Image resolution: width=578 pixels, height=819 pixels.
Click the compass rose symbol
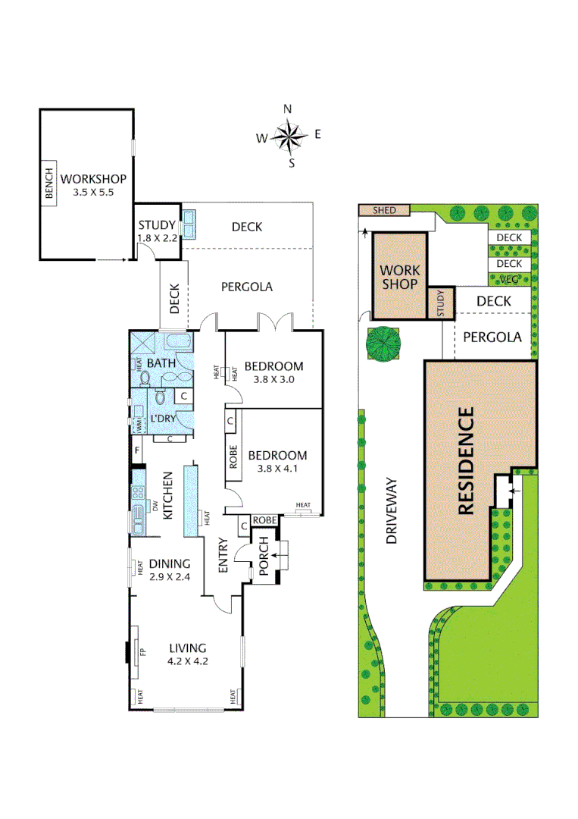[288, 136]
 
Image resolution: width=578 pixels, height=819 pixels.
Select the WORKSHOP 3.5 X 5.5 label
[93, 185]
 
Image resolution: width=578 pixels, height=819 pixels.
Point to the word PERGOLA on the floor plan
[246, 287]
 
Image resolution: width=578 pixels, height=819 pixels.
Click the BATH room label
[161, 363]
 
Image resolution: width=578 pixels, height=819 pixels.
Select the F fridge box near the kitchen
[137, 452]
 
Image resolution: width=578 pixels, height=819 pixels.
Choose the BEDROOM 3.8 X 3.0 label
[276, 372]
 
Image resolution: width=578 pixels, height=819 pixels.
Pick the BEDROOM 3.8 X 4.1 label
[277, 462]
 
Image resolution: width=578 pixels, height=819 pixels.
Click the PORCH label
[264, 563]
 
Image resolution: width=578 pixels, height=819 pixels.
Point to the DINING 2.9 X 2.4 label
[169, 570]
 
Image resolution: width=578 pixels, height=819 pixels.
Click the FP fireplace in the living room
[141, 651]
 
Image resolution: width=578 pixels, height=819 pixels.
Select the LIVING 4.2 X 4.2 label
[187, 654]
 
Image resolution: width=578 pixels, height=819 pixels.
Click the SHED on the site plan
[384, 210]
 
